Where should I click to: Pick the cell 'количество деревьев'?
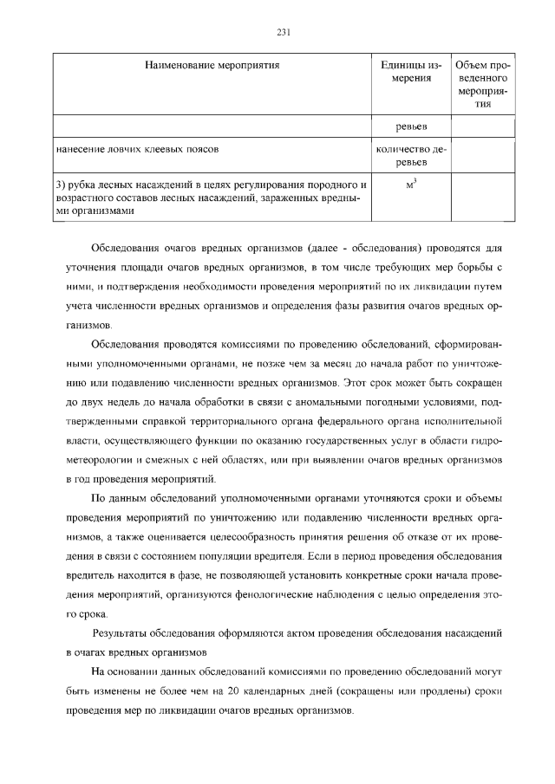tap(412, 156)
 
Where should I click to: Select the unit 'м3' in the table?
tap(412, 185)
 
